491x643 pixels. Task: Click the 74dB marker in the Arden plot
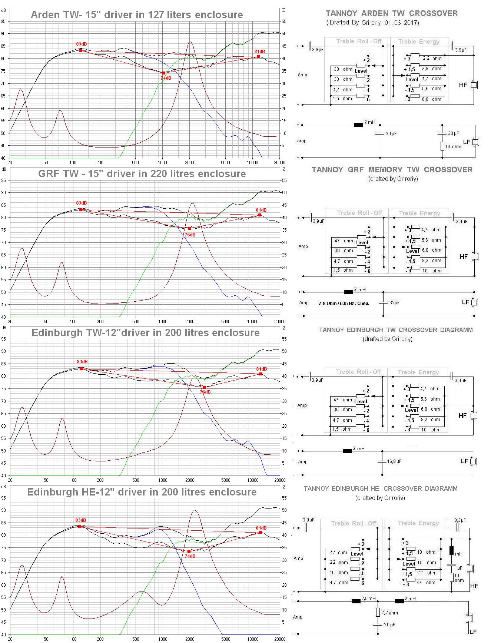click(x=164, y=73)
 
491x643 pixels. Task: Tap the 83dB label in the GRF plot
click(x=82, y=203)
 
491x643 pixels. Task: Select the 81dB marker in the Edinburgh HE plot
click(x=261, y=533)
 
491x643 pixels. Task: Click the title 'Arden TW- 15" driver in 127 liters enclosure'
click(x=137, y=15)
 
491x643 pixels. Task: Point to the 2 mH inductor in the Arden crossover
click(x=358, y=125)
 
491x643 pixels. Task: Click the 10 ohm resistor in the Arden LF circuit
click(x=442, y=146)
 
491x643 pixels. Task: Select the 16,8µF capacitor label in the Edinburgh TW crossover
click(x=394, y=461)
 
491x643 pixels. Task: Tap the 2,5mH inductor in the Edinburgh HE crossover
click(x=356, y=601)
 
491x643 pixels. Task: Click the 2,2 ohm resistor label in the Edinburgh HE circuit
click(x=389, y=613)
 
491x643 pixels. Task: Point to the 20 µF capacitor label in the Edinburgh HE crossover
click(x=389, y=624)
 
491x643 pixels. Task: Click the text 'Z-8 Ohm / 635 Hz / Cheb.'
click(x=344, y=303)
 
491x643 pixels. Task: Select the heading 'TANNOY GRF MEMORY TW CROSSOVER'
click(x=392, y=170)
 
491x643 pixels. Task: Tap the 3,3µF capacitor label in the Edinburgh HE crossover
click(x=460, y=520)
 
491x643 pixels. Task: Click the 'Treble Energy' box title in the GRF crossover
click(x=419, y=213)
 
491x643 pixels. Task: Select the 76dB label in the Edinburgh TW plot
click(x=205, y=392)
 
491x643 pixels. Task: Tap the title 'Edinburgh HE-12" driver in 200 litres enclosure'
click(x=142, y=492)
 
